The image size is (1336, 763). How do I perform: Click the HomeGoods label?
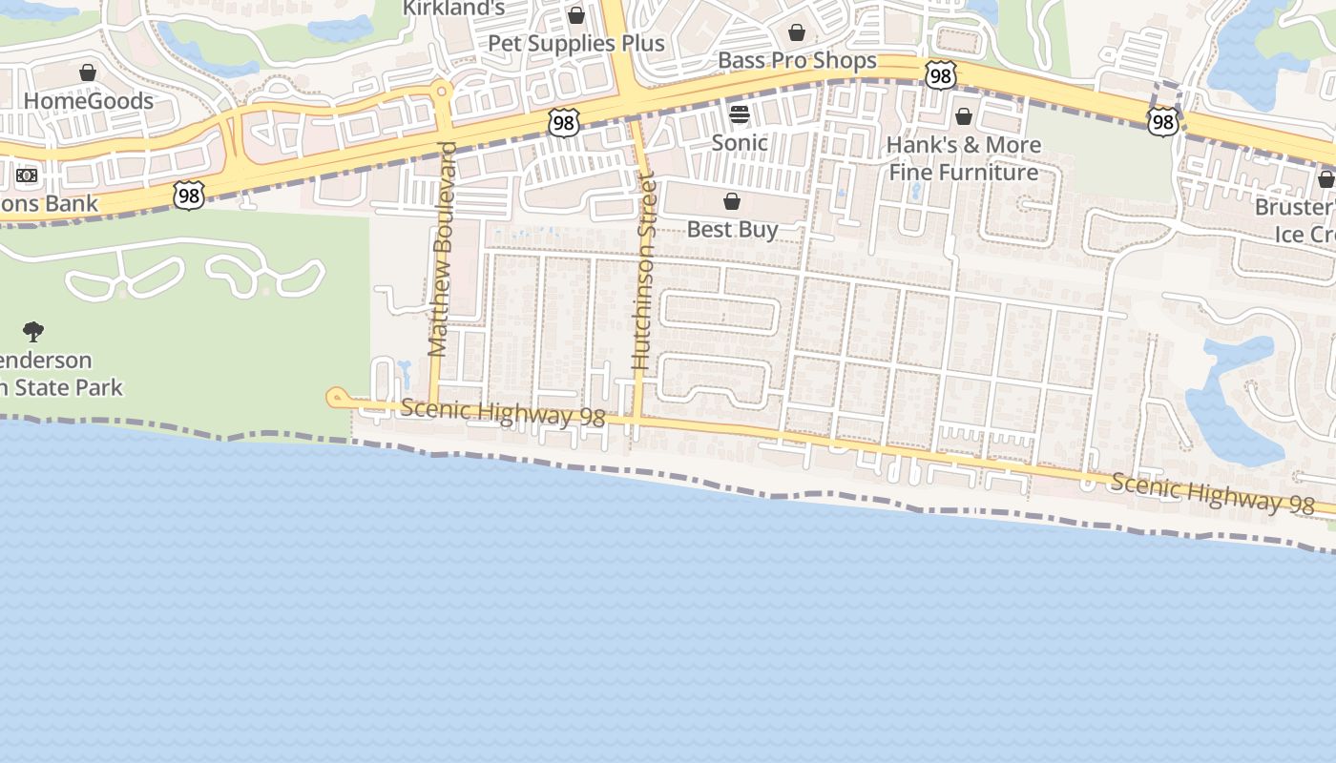tap(88, 101)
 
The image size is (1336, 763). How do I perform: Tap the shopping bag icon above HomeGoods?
tap(88, 72)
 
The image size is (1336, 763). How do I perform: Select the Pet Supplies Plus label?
tap(575, 44)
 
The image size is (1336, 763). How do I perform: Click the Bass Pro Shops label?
tap(797, 61)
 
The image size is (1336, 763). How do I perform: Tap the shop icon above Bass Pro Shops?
tap(797, 32)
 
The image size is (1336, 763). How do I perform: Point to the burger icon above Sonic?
tap(740, 115)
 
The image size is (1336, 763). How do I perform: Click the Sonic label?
tap(740, 143)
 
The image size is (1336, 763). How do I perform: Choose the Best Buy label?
tap(732, 229)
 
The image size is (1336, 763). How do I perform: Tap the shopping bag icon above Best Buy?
tap(732, 201)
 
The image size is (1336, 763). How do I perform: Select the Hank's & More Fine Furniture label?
tap(964, 158)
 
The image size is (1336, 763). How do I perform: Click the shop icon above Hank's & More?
tap(964, 116)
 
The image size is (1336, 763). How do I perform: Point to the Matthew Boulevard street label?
tap(440, 250)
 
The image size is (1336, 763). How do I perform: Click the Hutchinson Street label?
tap(644, 271)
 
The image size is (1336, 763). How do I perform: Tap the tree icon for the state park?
tap(33, 332)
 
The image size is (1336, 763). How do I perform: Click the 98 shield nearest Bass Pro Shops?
tap(940, 74)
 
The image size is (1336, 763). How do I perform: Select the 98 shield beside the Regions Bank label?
tap(189, 195)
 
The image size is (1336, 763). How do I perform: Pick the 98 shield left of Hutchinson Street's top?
tap(563, 121)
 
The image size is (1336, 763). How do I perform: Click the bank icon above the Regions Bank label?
tap(27, 175)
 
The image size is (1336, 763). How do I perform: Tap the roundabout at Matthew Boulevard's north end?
tap(441, 93)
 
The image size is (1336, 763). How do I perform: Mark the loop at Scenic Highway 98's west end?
tap(336, 398)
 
